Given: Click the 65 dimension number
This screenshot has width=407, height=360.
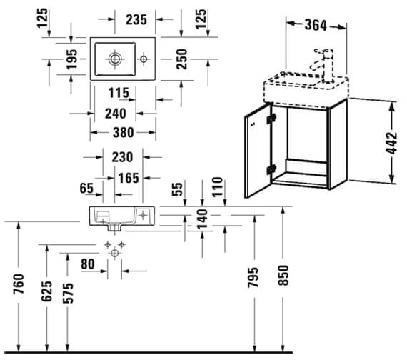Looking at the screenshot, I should click(x=87, y=189).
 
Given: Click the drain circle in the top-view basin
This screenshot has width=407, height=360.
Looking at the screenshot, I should click(x=115, y=56).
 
